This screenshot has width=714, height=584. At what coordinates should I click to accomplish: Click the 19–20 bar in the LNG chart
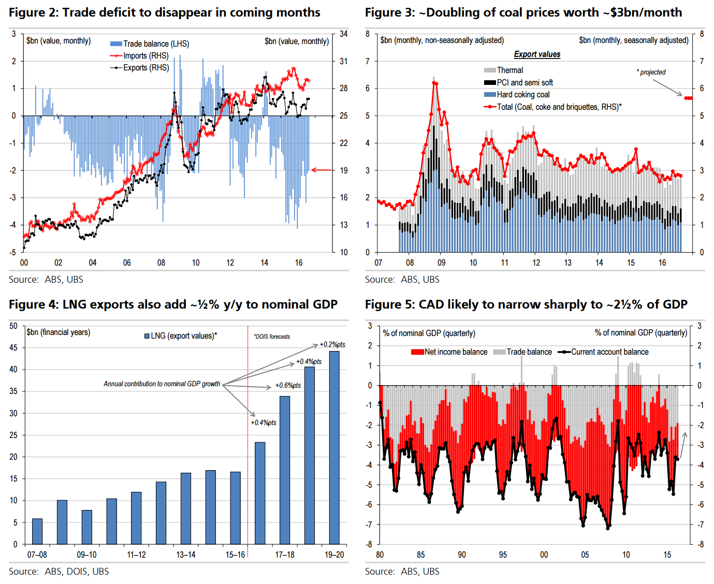coord(334,448)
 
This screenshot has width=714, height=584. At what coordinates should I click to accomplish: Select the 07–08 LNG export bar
coord(37,531)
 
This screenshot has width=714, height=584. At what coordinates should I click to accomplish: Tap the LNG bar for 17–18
coord(285,470)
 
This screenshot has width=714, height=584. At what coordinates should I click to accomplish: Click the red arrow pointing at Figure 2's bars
coord(321,170)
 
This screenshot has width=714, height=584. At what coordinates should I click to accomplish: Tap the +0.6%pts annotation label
coord(288,386)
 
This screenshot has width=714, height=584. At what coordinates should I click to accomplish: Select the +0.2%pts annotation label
coord(332,345)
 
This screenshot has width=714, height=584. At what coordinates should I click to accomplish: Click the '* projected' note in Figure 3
coord(651,72)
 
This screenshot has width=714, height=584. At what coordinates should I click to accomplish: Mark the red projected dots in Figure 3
coord(688,98)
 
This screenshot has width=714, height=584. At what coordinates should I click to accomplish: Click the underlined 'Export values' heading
coord(537,54)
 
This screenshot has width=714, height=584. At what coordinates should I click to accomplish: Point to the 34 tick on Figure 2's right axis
coord(343,34)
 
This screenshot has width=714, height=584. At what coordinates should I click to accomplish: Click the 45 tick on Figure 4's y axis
coord(13,348)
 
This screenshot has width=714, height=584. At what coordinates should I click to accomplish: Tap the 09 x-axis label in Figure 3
coord(441,263)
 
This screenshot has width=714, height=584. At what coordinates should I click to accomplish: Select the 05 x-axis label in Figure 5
coord(585,555)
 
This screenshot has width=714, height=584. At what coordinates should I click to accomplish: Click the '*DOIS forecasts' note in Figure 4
coord(272,337)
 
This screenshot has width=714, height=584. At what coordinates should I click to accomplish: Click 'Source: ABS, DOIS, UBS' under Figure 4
coord(59,572)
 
